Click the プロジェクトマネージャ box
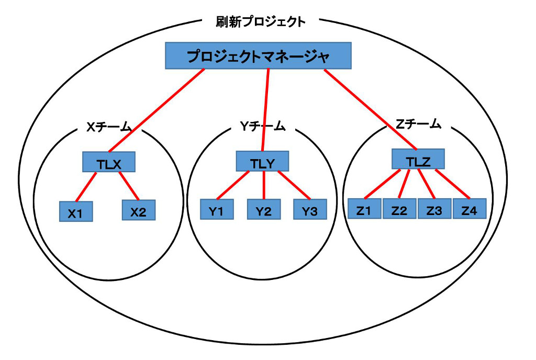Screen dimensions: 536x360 258,55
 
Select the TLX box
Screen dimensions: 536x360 109,162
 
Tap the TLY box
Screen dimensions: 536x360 262,161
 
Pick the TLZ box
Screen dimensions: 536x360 418,159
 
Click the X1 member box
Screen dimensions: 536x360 76,211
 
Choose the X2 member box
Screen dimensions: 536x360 139,210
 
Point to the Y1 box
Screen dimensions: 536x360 217,209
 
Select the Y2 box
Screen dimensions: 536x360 264,209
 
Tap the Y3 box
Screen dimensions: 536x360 310,209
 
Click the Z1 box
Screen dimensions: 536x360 364,208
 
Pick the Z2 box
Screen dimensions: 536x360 399,208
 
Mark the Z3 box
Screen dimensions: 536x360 434,208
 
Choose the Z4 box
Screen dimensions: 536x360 470,208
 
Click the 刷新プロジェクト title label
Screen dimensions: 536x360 261,22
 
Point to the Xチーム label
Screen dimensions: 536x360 109,127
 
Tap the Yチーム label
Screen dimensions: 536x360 263,127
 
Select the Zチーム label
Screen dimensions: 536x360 418,124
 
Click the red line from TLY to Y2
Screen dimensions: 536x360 264,185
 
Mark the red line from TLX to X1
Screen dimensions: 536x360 86,187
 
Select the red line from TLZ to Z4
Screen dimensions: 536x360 453,184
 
